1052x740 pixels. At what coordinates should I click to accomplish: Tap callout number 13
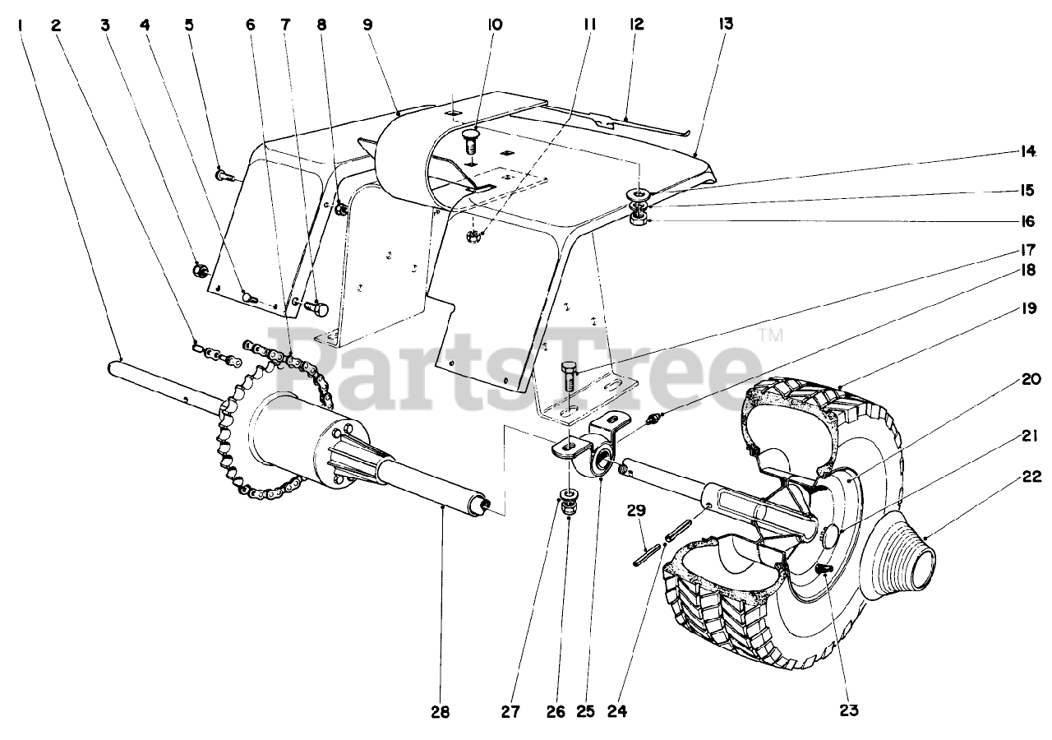pos(725,25)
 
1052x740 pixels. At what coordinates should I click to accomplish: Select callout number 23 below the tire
pos(849,710)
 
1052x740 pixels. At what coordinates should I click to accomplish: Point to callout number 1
pos(19,25)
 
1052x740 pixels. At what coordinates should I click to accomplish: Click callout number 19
pos(1007,309)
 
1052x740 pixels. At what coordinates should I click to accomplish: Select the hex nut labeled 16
pos(638,220)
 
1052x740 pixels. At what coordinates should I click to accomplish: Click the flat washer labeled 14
pos(638,194)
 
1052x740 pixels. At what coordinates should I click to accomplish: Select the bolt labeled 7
pos(316,309)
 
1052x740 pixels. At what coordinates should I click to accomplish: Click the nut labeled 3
pos(198,271)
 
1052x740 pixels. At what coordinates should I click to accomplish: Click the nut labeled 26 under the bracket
pos(567,509)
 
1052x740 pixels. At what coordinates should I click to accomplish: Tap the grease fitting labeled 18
pos(655,420)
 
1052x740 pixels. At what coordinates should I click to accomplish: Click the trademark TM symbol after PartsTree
pos(770,335)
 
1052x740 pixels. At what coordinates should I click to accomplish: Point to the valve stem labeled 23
pos(824,569)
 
